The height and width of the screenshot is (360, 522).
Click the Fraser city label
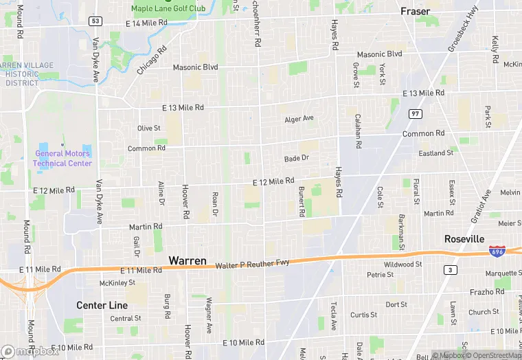pyautogui.click(x=416, y=12)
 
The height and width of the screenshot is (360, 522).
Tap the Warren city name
pyautogui.click(x=187, y=261)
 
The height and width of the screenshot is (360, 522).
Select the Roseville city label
pyautogui.click(x=464, y=238)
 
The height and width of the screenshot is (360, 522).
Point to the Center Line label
pyautogui.click(x=102, y=305)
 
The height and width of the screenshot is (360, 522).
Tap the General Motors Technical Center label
pyautogui.click(x=63, y=158)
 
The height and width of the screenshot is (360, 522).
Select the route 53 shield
pyautogui.click(x=95, y=21)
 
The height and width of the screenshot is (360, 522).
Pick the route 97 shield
pyautogui.click(x=415, y=113)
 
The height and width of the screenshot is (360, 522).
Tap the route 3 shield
pyautogui.click(x=450, y=269)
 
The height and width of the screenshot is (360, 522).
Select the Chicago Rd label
pyautogui.click(x=152, y=60)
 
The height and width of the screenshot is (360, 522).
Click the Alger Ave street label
pyautogui.click(x=299, y=119)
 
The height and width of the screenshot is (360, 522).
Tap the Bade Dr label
pyautogui.click(x=297, y=159)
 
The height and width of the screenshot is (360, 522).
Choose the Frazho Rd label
pyautogui.click(x=487, y=292)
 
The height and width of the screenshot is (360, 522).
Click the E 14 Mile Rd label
pyautogui.click(x=146, y=23)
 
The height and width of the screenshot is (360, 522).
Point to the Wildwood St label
pyautogui.click(x=403, y=264)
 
